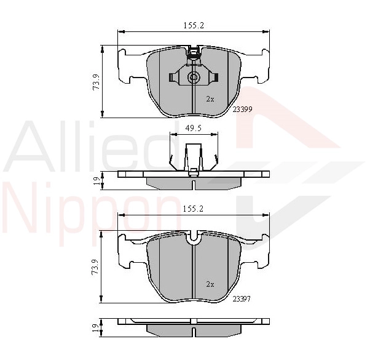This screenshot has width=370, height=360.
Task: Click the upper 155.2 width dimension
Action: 194,25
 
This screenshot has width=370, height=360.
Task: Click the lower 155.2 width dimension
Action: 193,209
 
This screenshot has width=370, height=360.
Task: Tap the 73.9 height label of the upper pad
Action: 96,82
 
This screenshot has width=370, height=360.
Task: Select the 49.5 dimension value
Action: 193,128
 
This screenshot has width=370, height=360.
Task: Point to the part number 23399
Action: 243,110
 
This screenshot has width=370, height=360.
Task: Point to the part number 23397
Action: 242,299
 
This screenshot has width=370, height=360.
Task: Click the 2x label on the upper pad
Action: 210,99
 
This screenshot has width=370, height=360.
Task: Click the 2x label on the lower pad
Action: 210,284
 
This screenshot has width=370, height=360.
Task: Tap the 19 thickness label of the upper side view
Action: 96,181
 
